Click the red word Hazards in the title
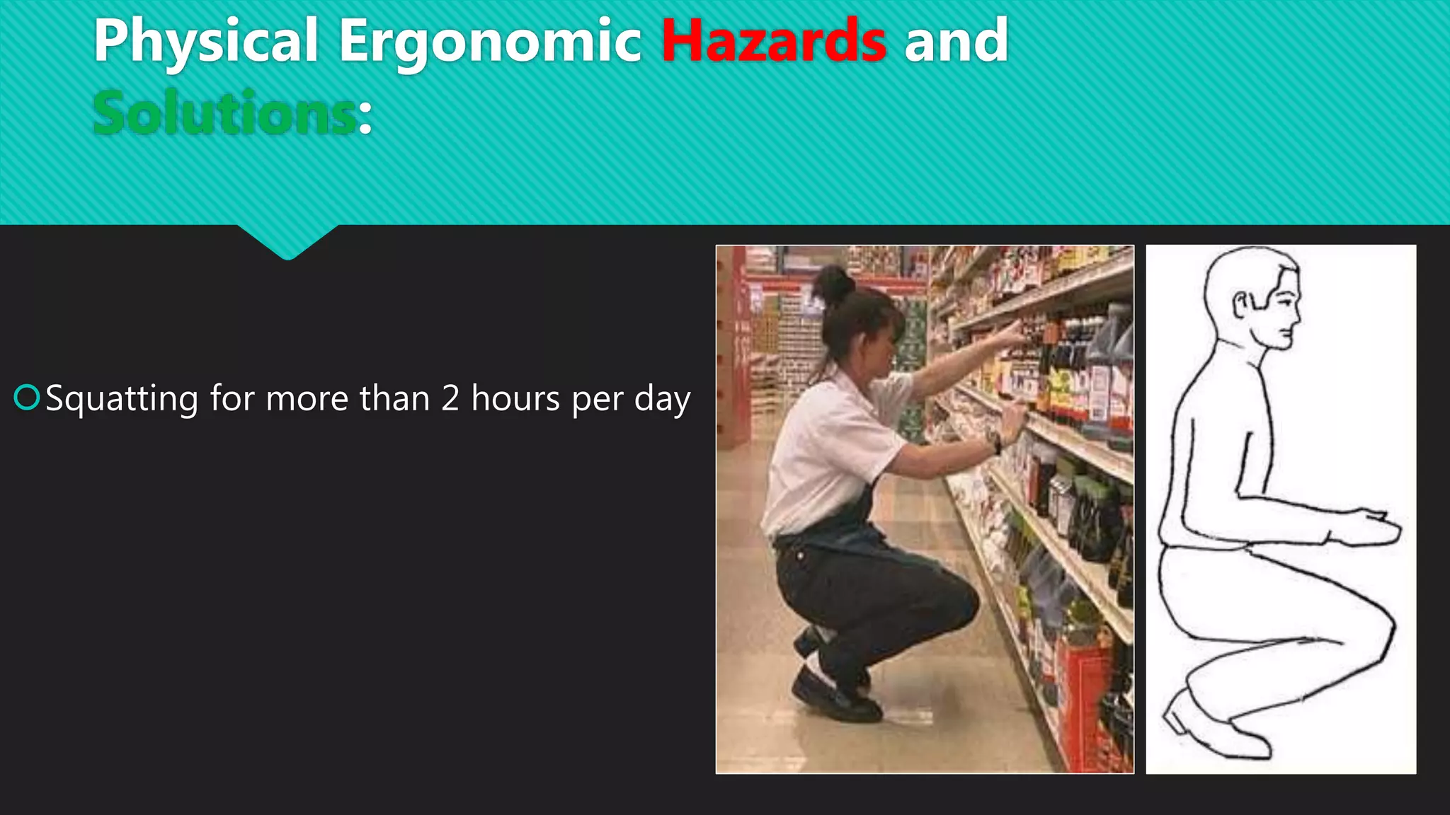(773, 41)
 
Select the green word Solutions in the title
(224, 113)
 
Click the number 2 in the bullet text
(450, 398)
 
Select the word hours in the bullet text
(516, 398)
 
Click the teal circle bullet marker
(27, 398)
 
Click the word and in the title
(956, 41)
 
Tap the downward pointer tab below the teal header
(287, 241)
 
